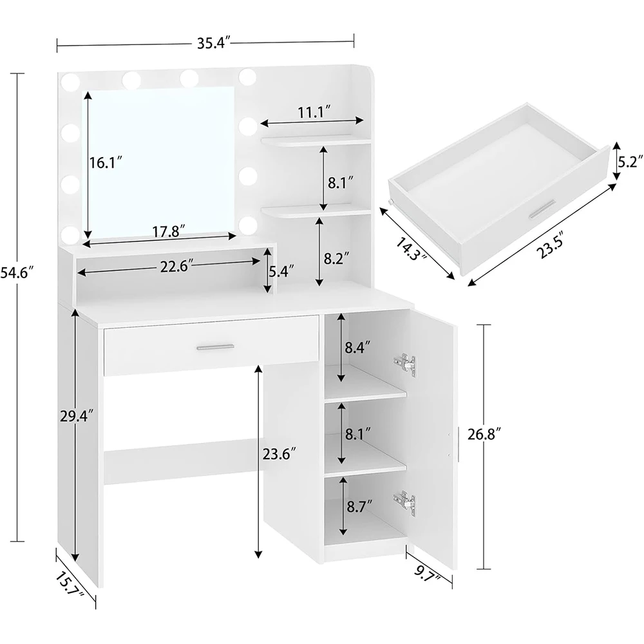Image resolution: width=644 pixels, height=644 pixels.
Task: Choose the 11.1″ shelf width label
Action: tap(314, 112)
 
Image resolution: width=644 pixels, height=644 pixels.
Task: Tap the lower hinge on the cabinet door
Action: tap(403, 502)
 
